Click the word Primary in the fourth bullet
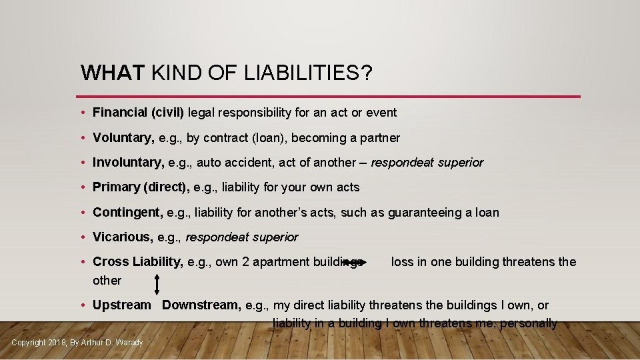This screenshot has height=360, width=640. [116, 187]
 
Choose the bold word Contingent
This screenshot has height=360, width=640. [127, 213]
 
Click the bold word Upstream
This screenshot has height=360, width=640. [122, 305]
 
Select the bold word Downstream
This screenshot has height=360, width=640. [201, 305]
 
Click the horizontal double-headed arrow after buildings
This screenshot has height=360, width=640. [353, 263]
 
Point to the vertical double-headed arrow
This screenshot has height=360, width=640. [157, 284]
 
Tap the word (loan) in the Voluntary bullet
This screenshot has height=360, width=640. [265, 138]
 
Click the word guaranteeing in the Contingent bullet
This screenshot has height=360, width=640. [417, 213]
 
